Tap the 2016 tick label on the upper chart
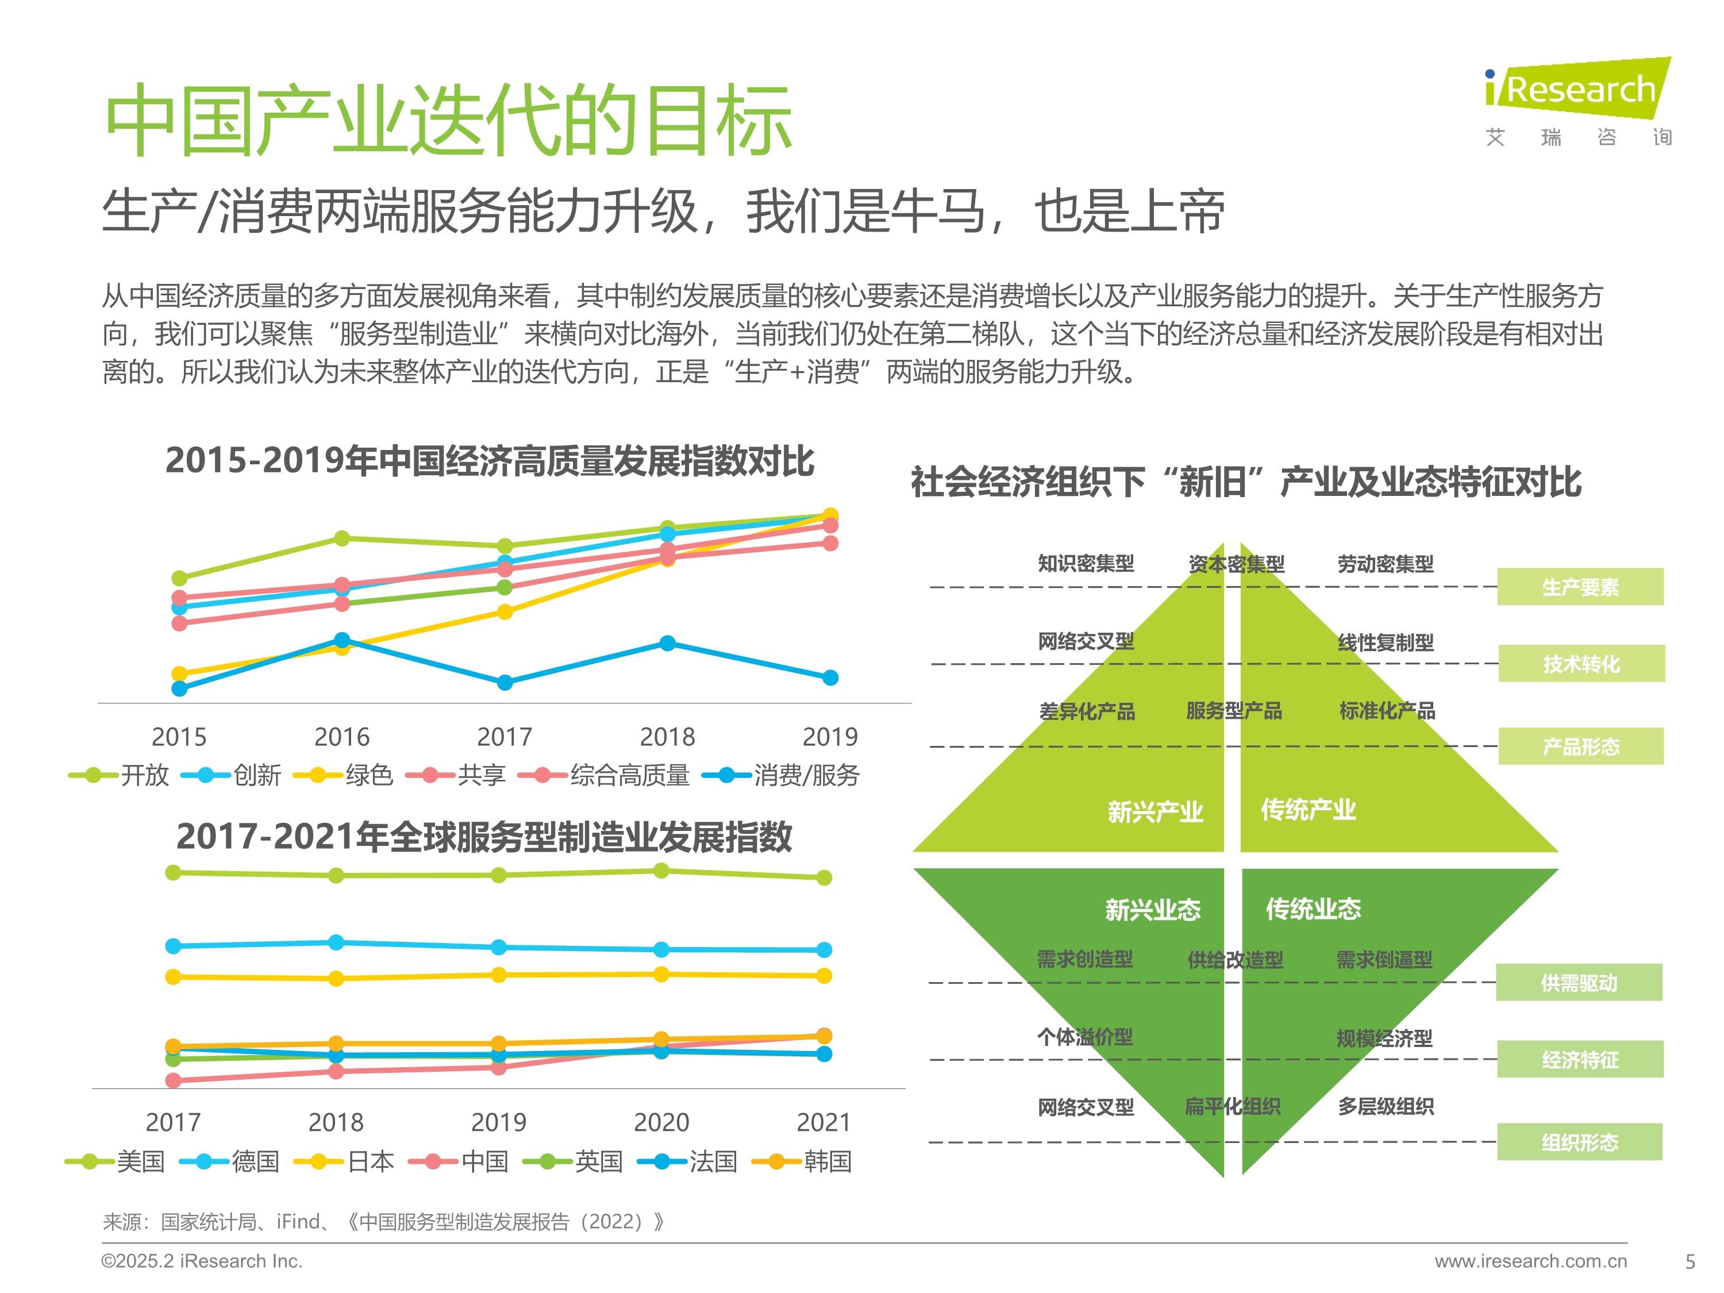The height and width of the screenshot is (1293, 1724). [341, 737]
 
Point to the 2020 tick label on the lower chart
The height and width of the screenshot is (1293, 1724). [661, 1122]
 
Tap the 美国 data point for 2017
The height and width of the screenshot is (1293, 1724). [173, 872]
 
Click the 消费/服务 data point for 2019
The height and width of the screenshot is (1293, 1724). [830, 678]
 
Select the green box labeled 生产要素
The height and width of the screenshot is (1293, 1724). [1580, 587]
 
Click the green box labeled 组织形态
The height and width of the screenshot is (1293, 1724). [1580, 1142]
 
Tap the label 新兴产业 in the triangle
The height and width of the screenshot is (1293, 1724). [1155, 812]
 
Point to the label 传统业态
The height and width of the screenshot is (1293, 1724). [1313, 909]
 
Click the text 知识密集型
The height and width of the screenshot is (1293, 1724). [1086, 564]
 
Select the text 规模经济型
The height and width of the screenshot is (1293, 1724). [1384, 1038]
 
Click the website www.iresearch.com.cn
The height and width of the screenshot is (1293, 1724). [1531, 1261]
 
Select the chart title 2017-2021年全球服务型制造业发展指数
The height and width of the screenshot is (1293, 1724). [483, 837]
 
